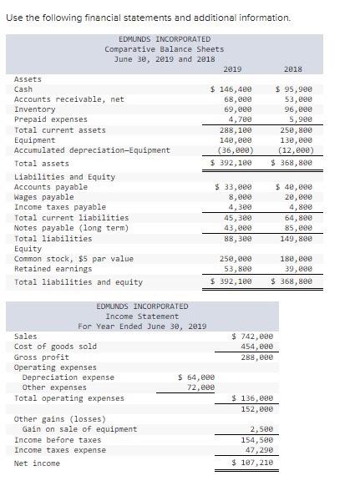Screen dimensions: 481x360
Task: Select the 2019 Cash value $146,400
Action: (231, 89)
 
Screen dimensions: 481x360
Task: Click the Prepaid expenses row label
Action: (51, 119)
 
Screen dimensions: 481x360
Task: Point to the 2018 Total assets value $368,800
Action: (292, 164)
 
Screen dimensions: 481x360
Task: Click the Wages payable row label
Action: (45, 197)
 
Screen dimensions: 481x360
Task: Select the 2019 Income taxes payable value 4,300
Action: (239, 207)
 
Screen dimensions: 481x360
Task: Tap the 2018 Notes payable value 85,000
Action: (297, 227)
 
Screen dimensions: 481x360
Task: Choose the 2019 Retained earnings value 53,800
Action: (235, 269)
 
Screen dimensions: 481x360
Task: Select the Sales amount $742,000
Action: (251, 337)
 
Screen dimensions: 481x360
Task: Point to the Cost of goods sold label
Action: (55, 347)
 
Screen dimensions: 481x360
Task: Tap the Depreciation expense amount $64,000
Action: (196, 377)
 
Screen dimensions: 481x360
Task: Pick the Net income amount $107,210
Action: (251, 462)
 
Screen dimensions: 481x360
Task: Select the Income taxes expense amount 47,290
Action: (256, 449)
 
